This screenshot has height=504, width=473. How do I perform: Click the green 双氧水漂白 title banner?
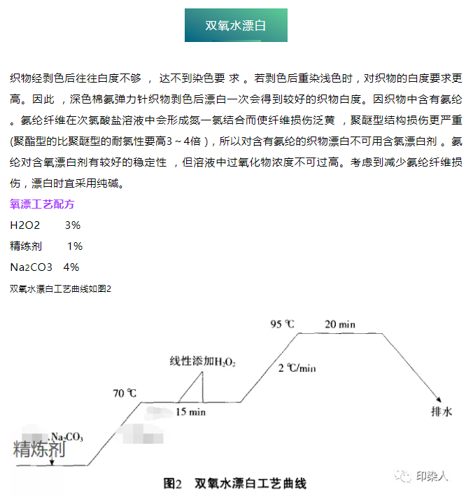[236, 26]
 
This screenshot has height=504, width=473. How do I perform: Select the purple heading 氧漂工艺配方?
[42, 205]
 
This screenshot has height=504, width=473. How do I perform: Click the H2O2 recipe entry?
[26, 226]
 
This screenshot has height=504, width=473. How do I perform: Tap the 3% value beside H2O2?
[72, 226]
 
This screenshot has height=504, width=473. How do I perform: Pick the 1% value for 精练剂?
[74, 246]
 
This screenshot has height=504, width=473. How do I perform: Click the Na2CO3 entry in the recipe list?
[31, 267]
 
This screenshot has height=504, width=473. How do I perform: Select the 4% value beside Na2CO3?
[71, 267]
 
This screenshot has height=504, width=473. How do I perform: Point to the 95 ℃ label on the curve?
[283, 324]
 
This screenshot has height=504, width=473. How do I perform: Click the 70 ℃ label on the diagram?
[125, 393]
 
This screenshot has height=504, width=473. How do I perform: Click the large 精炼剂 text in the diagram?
[39, 449]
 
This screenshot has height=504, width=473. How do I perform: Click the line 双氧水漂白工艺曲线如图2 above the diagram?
[61, 288]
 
